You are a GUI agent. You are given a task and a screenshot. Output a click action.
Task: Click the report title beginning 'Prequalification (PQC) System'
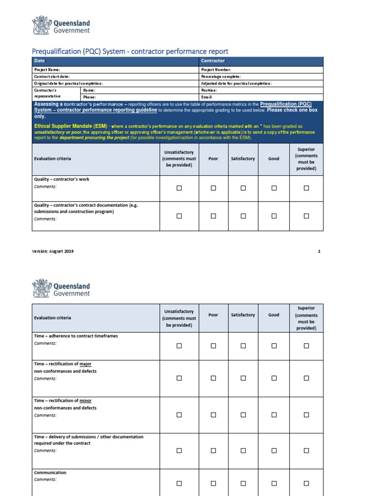129,51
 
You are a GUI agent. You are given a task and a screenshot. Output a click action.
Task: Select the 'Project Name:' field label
47,70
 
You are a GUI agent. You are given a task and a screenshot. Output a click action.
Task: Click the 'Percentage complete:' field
220,77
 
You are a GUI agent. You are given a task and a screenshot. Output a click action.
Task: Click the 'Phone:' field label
90,97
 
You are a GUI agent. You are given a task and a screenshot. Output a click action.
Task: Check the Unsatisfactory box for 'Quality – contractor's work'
179,188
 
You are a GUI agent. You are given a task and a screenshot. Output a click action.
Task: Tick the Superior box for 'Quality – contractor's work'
306,188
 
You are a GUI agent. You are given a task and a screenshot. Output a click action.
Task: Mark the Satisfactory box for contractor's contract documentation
243,216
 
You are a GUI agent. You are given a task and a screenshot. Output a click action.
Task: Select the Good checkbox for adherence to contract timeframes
274,346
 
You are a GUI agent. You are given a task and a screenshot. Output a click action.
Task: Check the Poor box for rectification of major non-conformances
213,378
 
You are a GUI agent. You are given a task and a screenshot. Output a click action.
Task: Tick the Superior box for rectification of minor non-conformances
306,415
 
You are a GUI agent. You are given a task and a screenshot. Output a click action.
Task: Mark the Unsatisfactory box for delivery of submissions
179,450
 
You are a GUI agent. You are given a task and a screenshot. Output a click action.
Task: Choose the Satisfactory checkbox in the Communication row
243,483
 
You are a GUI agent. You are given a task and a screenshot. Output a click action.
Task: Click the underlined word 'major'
85,364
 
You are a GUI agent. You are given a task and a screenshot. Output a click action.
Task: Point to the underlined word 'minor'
85,401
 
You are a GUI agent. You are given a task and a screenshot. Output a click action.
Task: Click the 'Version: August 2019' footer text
54,251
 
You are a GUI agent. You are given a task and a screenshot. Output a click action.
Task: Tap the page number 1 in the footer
319,251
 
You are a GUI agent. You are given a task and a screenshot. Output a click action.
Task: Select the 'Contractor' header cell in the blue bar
213,61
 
